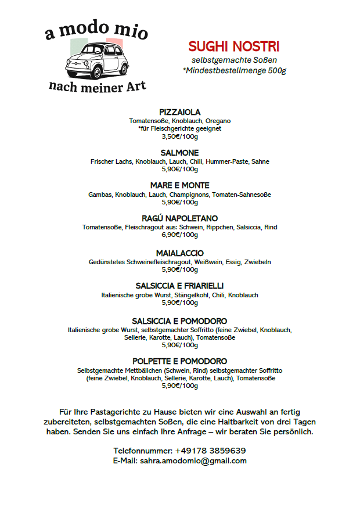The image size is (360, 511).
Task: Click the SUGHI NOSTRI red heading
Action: pos(234,47)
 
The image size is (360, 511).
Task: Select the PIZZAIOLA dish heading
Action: pos(179,112)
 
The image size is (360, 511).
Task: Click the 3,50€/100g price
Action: pos(179,137)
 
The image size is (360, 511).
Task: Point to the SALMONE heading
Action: pos(179,153)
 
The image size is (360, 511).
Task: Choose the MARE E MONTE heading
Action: pos(179,186)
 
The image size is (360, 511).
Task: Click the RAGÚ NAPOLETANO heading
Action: pos(179,218)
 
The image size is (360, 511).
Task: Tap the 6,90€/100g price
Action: pos(179,235)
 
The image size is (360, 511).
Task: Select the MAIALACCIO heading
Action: pos(179,253)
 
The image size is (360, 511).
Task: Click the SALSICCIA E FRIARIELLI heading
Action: pos(179,286)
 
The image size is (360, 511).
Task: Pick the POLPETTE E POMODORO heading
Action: pos(179,361)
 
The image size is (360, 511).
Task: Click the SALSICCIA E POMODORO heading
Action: pos(179,321)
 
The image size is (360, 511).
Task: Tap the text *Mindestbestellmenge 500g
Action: pos(234,71)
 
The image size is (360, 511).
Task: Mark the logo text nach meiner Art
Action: pos(97,88)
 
